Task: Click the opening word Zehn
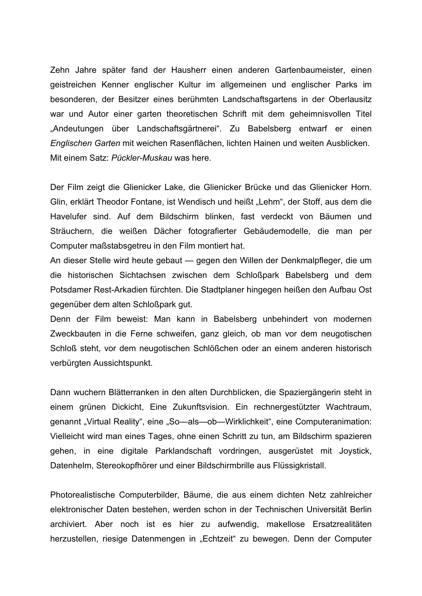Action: tap(58, 70)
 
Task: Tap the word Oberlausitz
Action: tap(350, 99)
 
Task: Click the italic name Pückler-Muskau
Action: tap(142, 158)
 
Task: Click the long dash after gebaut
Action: tap(189, 260)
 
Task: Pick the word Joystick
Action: tap(355, 451)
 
